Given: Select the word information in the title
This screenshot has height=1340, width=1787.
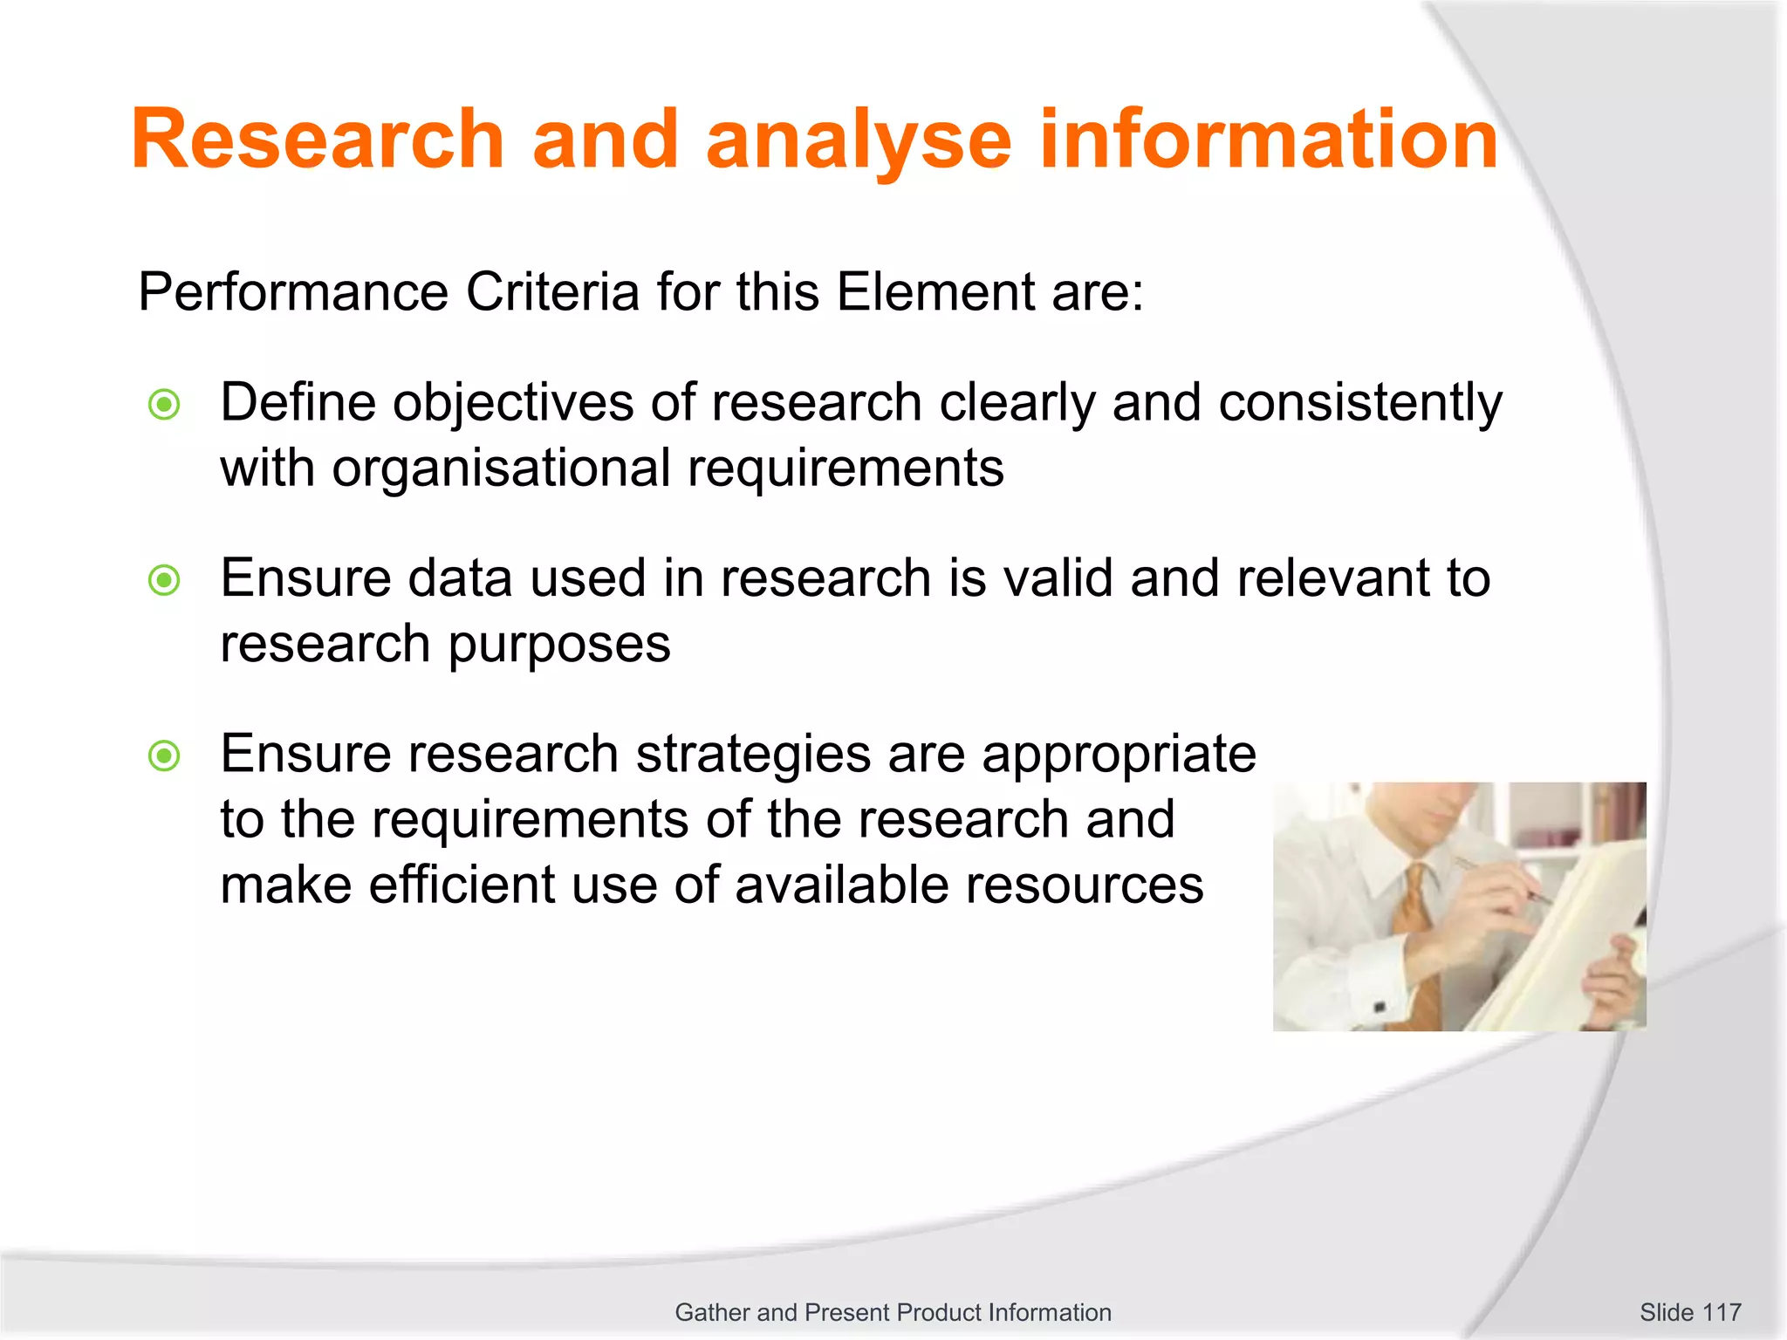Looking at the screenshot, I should tap(1269, 140).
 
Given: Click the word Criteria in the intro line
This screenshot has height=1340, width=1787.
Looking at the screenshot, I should tap(553, 292).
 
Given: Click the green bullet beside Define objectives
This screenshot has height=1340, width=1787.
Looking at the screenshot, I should tap(164, 405).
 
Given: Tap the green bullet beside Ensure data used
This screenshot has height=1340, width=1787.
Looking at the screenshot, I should tap(164, 580).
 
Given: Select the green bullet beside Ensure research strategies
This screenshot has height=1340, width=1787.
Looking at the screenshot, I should tap(164, 755).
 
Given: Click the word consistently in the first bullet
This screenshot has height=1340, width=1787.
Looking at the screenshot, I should tap(1359, 403).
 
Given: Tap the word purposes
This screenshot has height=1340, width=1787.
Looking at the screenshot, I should tap(558, 646).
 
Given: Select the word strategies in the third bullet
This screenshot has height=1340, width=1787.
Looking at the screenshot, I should tap(752, 754).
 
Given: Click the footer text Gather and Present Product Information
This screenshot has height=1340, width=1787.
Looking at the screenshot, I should tap(893, 1312).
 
